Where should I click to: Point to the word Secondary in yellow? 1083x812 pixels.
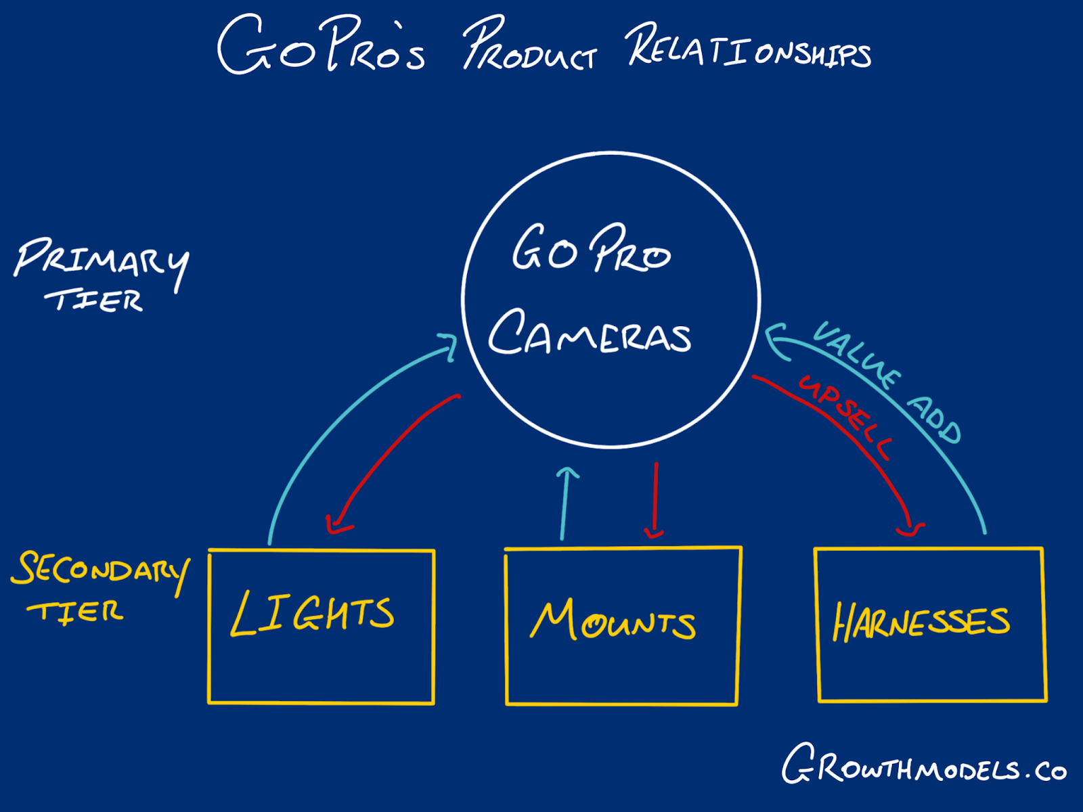[100, 570]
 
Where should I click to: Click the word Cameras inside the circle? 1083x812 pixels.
[590, 334]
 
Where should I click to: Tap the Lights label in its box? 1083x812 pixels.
[312, 613]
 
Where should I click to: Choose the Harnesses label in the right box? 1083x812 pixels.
[921, 622]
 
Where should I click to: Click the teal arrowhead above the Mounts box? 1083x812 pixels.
[567, 472]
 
